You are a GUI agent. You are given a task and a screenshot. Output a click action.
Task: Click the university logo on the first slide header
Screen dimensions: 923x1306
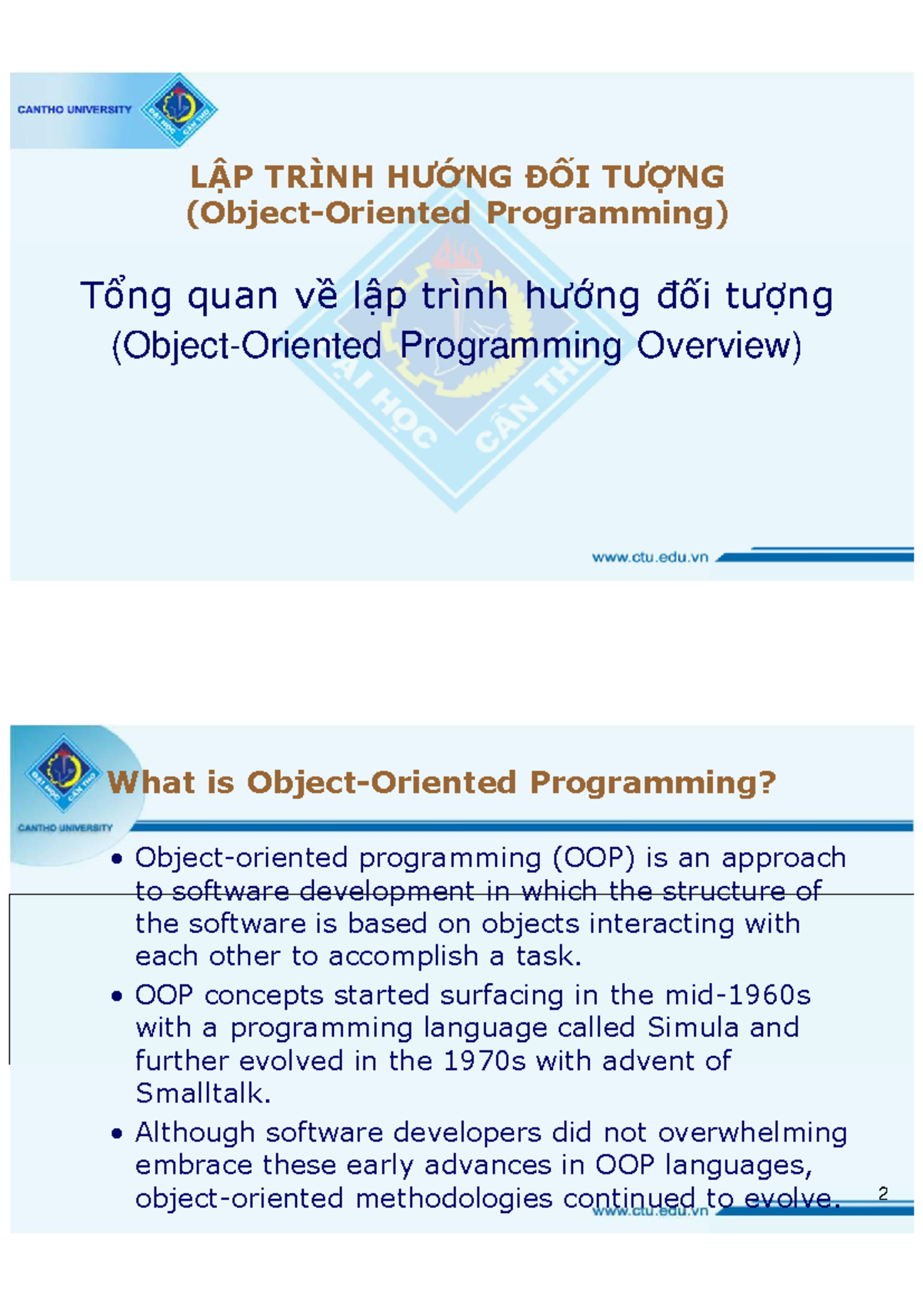(x=178, y=110)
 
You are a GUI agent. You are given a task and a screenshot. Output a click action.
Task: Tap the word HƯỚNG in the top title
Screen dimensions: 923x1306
(x=449, y=176)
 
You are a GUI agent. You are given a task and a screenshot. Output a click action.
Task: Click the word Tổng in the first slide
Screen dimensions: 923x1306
(x=126, y=297)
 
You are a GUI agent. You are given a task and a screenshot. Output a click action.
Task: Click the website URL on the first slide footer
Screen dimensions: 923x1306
(x=649, y=558)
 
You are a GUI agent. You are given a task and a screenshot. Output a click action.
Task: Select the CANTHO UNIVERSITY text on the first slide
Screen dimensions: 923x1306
(x=74, y=110)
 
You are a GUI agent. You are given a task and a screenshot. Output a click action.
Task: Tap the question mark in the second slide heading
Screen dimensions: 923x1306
(x=768, y=782)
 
